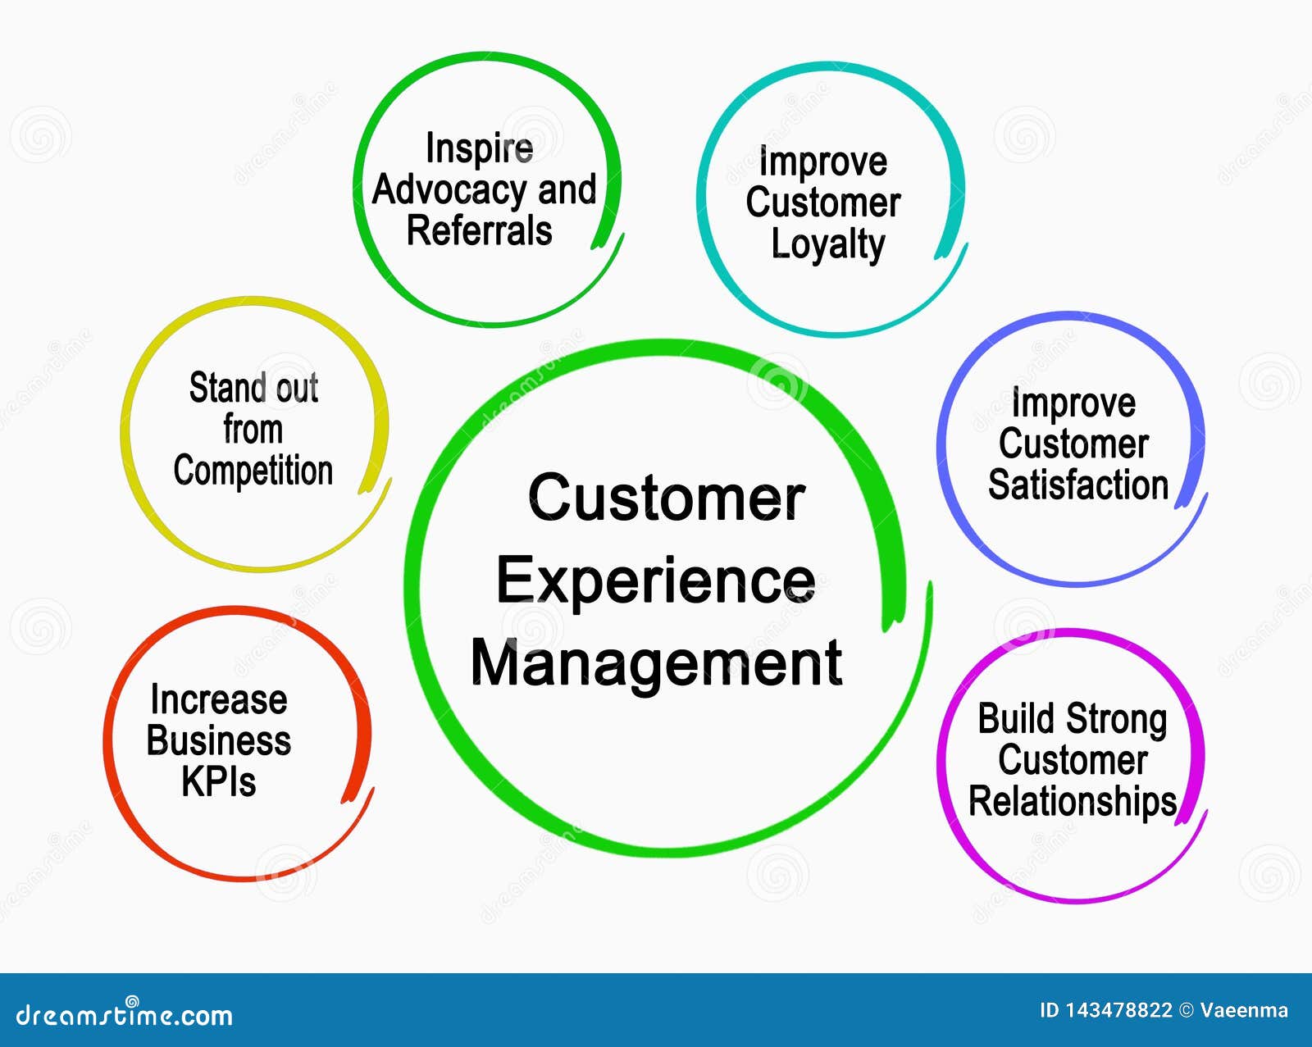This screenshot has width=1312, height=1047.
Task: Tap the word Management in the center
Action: [x=656, y=664]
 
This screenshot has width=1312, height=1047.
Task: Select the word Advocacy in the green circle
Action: [x=449, y=190]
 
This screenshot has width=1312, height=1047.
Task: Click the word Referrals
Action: [x=479, y=230]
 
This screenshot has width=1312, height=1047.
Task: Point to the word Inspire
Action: [x=479, y=148]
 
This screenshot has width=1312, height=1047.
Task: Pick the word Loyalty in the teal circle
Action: [x=828, y=244]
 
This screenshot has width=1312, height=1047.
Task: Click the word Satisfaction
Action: [x=1077, y=485]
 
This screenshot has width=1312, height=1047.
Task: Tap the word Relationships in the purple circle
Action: [x=1073, y=801]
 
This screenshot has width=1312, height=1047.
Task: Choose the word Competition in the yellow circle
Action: [x=253, y=471]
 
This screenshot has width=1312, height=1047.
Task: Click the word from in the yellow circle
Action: [x=253, y=430]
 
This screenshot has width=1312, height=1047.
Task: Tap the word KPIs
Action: [x=218, y=781]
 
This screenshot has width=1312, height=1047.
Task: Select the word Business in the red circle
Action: [x=218, y=740]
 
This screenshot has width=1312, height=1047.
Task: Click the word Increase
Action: [x=218, y=699]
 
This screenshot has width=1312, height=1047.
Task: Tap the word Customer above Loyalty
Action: [x=822, y=203]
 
